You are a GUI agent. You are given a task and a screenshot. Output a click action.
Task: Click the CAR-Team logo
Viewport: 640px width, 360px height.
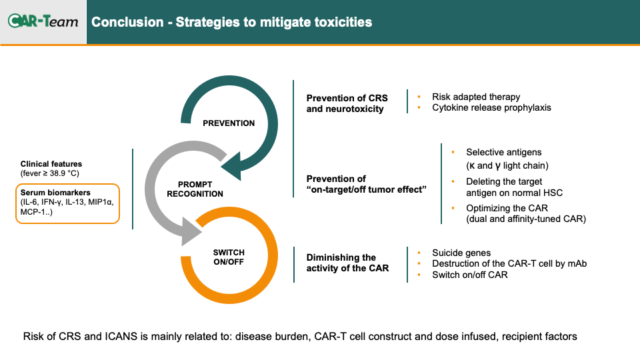point(43,21)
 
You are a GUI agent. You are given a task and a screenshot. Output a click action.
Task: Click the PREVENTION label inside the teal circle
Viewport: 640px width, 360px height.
point(229,123)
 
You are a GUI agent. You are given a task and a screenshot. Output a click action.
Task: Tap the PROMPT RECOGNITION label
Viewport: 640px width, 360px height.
point(195,189)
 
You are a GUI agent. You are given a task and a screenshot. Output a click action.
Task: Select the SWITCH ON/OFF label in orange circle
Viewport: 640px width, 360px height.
point(229,257)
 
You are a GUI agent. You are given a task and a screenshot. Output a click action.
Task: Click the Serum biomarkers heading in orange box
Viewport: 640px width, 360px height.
point(55,193)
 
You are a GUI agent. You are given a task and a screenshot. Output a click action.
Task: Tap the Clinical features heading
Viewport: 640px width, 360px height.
point(51,164)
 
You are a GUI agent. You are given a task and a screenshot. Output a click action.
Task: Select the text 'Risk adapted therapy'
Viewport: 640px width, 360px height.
point(476,97)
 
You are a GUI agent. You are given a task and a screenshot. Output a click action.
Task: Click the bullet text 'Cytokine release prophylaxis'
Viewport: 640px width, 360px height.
point(491,108)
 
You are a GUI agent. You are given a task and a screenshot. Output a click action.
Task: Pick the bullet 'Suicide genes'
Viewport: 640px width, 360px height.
point(461,253)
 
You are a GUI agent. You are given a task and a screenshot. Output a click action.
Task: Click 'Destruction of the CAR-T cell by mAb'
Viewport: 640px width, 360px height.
point(509,264)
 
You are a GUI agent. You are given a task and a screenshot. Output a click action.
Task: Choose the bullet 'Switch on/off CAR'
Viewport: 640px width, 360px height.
point(470,275)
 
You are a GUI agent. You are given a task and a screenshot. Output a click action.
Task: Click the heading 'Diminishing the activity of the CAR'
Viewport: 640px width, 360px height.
point(347,263)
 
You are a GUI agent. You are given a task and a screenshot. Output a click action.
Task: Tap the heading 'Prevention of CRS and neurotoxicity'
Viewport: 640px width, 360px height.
point(347,104)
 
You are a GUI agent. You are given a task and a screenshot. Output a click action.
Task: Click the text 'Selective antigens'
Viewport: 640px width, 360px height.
point(504,152)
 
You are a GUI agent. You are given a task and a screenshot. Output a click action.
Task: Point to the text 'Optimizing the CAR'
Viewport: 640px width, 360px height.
point(507,208)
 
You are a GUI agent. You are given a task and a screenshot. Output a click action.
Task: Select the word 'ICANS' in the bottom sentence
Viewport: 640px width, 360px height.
point(121,337)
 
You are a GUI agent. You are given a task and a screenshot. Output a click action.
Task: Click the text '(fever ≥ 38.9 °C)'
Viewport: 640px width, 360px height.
point(50,173)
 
